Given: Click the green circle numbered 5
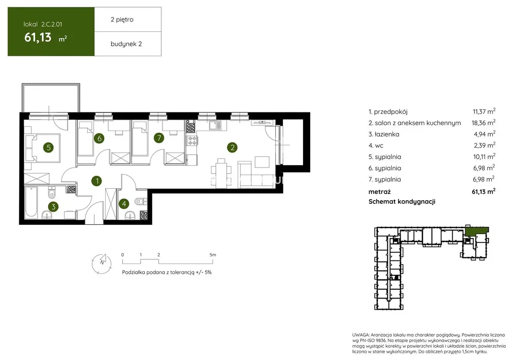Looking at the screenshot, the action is tap(48, 148).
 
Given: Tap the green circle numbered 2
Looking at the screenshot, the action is tap(232, 148).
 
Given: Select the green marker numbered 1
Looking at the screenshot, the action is tap(96, 181).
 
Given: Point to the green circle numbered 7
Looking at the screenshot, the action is tap(159, 138).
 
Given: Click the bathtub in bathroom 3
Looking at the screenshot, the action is tap(31, 202).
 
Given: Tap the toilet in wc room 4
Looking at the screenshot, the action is tap(140, 201).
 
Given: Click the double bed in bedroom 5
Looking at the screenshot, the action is tap(43, 148).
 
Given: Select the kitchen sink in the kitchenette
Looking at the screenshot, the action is tap(215, 125).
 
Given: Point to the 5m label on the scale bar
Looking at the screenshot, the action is tap(213, 255).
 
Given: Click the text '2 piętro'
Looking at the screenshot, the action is tap(122, 20).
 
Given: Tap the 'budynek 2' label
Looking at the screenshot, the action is tap(126, 44).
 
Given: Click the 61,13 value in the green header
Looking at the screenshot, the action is tap(38, 38).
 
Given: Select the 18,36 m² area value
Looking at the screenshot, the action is tap(484, 123).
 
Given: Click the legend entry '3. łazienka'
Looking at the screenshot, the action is tap(384, 134).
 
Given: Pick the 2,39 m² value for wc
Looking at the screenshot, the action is tap(485, 145).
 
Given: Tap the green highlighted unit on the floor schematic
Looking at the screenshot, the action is tap(477, 231).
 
